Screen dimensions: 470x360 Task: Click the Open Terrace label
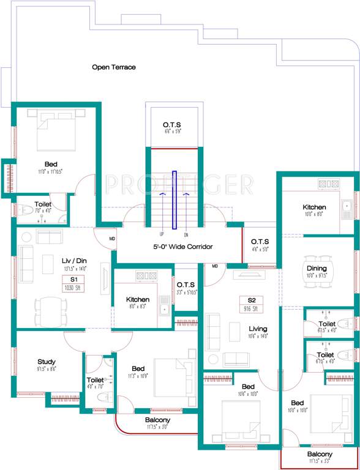tap(114, 67)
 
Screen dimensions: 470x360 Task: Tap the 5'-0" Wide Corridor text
tap(182, 247)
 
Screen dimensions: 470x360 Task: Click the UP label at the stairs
tap(162, 234)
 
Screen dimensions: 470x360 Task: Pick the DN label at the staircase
tap(186, 234)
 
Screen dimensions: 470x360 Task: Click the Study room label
tap(47, 362)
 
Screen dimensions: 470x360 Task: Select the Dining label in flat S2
tap(317, 268)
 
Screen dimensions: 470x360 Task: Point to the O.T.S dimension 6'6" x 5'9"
tap(171, 132)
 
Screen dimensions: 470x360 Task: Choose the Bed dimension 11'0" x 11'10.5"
tap(53, 171)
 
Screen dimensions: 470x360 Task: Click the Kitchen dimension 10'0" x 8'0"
tap(314, 215)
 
